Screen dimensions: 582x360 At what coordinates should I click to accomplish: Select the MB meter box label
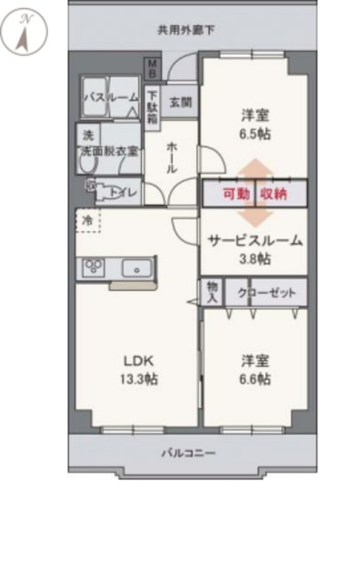pos(155,69)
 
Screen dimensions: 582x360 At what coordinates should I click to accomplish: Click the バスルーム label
pos(111,97)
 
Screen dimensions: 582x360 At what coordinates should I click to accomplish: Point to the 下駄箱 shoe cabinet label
pos(154,106)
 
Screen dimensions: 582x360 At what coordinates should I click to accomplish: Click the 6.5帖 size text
pos(255,133)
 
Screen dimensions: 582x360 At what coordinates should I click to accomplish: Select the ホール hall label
pos(172,156)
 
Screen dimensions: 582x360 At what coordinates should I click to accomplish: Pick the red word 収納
pos(273,194)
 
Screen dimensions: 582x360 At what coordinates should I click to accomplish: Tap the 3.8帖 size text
pos(255,258)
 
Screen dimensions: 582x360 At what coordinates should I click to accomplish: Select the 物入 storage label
pos(211,292)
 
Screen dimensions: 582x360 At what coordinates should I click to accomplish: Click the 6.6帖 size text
pos(255,379)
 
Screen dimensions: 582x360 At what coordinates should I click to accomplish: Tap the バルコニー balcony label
pos(189,452)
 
